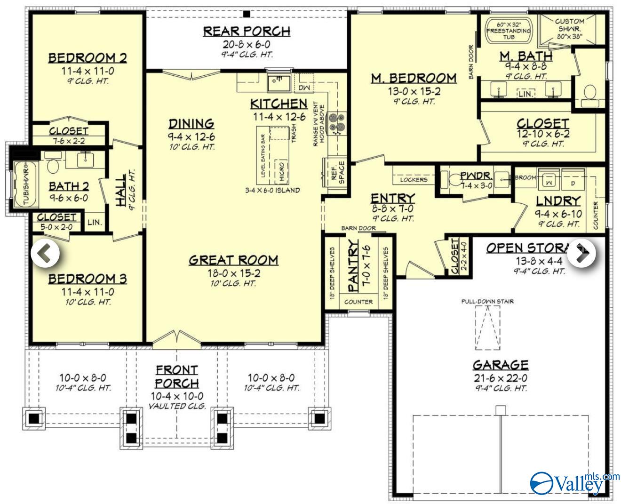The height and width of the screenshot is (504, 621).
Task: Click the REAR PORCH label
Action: point(247,32)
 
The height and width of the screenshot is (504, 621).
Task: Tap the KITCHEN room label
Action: point(279,104)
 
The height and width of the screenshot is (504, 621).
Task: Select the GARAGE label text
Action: point(501,365)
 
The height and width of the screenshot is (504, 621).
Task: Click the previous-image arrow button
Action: point(45,254)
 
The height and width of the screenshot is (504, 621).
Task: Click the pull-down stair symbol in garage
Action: point(487,327)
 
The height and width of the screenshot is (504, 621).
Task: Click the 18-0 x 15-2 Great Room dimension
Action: point(233,273)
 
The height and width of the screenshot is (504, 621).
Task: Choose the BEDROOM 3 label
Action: point(88,279)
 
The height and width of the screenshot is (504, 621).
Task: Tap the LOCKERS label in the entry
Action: point(414,179)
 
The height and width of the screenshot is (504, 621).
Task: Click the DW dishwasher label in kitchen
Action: point(303,88)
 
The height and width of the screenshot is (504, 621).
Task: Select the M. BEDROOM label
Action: point(414,78)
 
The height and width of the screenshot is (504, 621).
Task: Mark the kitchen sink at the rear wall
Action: point(278,83)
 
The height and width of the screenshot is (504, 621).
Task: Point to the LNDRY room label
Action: point(558,201)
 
